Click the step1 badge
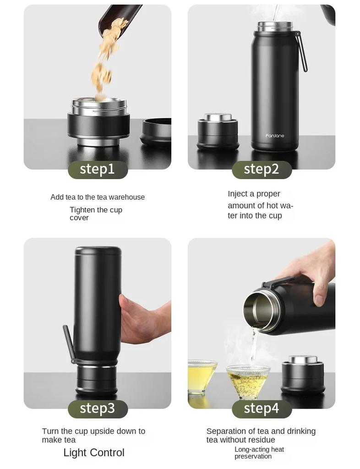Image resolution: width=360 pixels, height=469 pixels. pyautogui.click(x=98, y=169)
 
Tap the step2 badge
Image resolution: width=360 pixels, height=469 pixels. pyautogui.click(x=262, y=169)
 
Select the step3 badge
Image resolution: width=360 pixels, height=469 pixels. pyautogui.click(x=98, y=409)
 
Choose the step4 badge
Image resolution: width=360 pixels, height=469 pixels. pyautogui.click(x=262, y=409)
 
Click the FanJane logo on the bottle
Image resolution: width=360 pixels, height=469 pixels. pyautogui.click(x=274, y=136)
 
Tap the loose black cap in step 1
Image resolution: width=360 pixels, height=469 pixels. pyautogui.click(x=156, y=131)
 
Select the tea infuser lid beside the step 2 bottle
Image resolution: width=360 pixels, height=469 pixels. pyautogui.click(x=218, y=131)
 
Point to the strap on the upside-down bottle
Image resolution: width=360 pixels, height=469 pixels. pyautogui.click(x=68, y=344)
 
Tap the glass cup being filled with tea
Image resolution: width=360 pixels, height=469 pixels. pyautogui.click(x=248, y=382)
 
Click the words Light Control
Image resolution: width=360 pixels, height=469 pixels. pyautogui.click(x=94, y=453)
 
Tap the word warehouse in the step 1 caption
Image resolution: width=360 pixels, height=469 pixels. pyautogui.click(x=127, y=197)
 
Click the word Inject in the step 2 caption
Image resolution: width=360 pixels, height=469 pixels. pyautogui.click(x=236, y=194)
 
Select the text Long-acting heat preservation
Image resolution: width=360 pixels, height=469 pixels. pyautogui.click(x=259, y=453)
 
